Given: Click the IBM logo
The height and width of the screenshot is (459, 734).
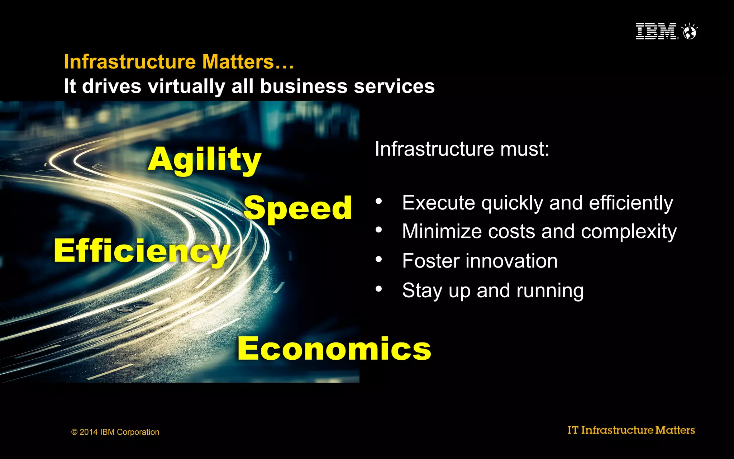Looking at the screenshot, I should click(x=656, y=31).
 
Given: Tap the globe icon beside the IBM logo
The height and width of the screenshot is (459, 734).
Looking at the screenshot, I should click(x=690, y=32).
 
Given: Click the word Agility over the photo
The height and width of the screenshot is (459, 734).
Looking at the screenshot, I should click(x=205, y=160).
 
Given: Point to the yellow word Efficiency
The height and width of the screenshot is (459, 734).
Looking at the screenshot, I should click(x=142, y=251).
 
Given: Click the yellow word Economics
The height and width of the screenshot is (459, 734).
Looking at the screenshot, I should click(x=334, y=349).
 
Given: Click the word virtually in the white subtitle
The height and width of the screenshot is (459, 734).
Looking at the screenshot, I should click(x=186, y=86).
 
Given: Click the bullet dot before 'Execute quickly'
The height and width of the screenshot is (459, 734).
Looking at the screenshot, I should click(x=379, y=201).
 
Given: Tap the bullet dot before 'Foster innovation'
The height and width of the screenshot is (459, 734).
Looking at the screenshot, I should click(x=379, y=259).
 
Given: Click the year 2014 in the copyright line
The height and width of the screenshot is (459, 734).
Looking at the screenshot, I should click(x=89, y=432).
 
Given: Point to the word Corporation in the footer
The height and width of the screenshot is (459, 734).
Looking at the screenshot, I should click(x=138, y=432).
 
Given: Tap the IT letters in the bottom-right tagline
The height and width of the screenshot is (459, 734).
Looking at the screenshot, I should click(x=573, y=430).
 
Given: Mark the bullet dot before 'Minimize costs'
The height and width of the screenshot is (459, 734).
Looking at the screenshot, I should click(x=379, y=230).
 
